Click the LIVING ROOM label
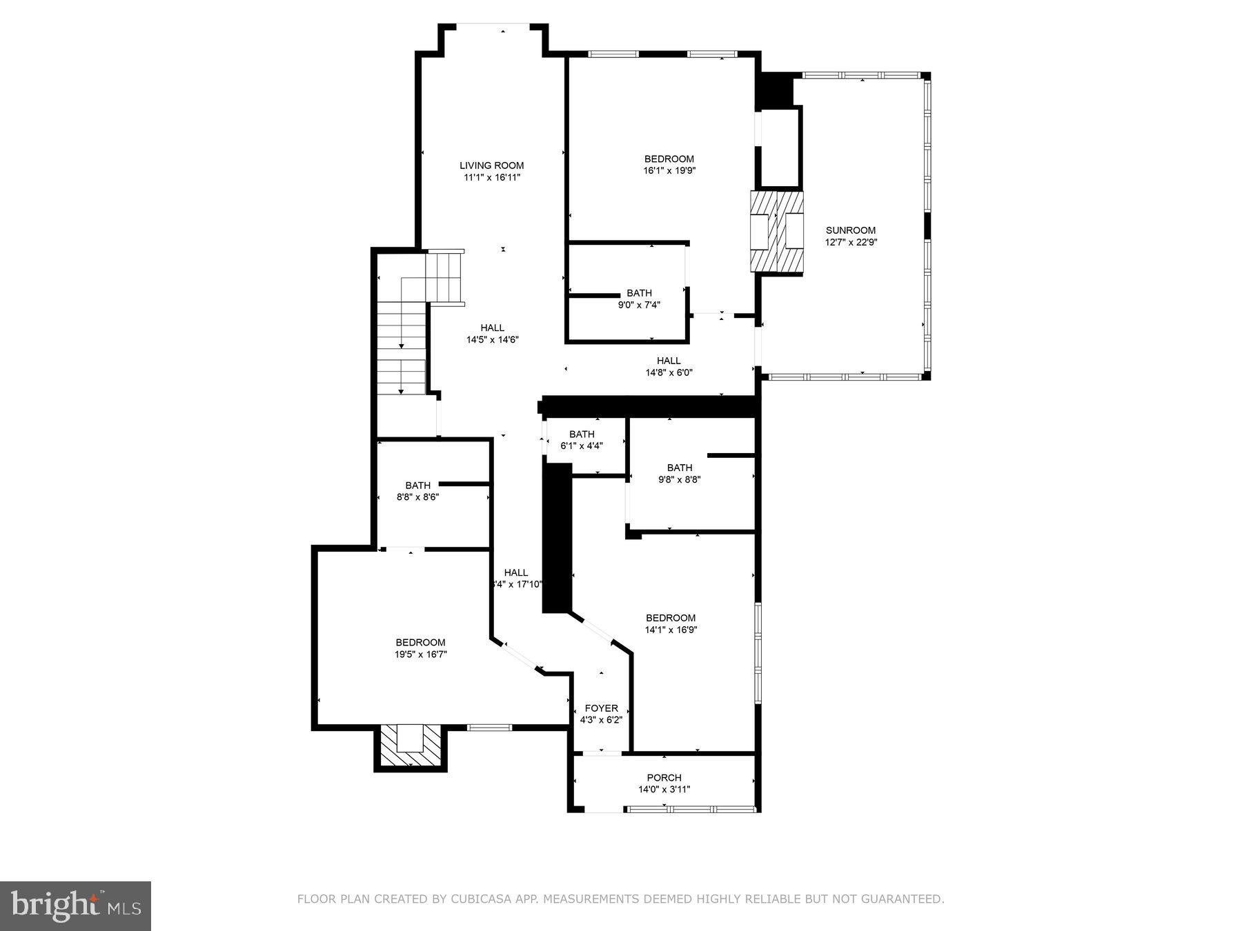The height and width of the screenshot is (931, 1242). [x=491, y=166]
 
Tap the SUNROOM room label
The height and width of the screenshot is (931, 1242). [x=850, y=230]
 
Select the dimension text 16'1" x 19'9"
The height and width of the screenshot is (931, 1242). [x=669, y=170]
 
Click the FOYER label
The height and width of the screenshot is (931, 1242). [x=601, y=708]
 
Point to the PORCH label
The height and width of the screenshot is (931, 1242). [x=664, y=778]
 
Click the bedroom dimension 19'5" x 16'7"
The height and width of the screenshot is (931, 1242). [x=420, y=654]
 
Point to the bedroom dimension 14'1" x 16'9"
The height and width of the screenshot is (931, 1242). [x=671, y=630]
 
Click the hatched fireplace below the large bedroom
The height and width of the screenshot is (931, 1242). [x=411, y=748]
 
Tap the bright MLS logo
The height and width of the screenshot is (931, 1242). [x=75, y=906]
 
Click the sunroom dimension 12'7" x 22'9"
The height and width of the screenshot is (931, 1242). [x=850, y=242]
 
